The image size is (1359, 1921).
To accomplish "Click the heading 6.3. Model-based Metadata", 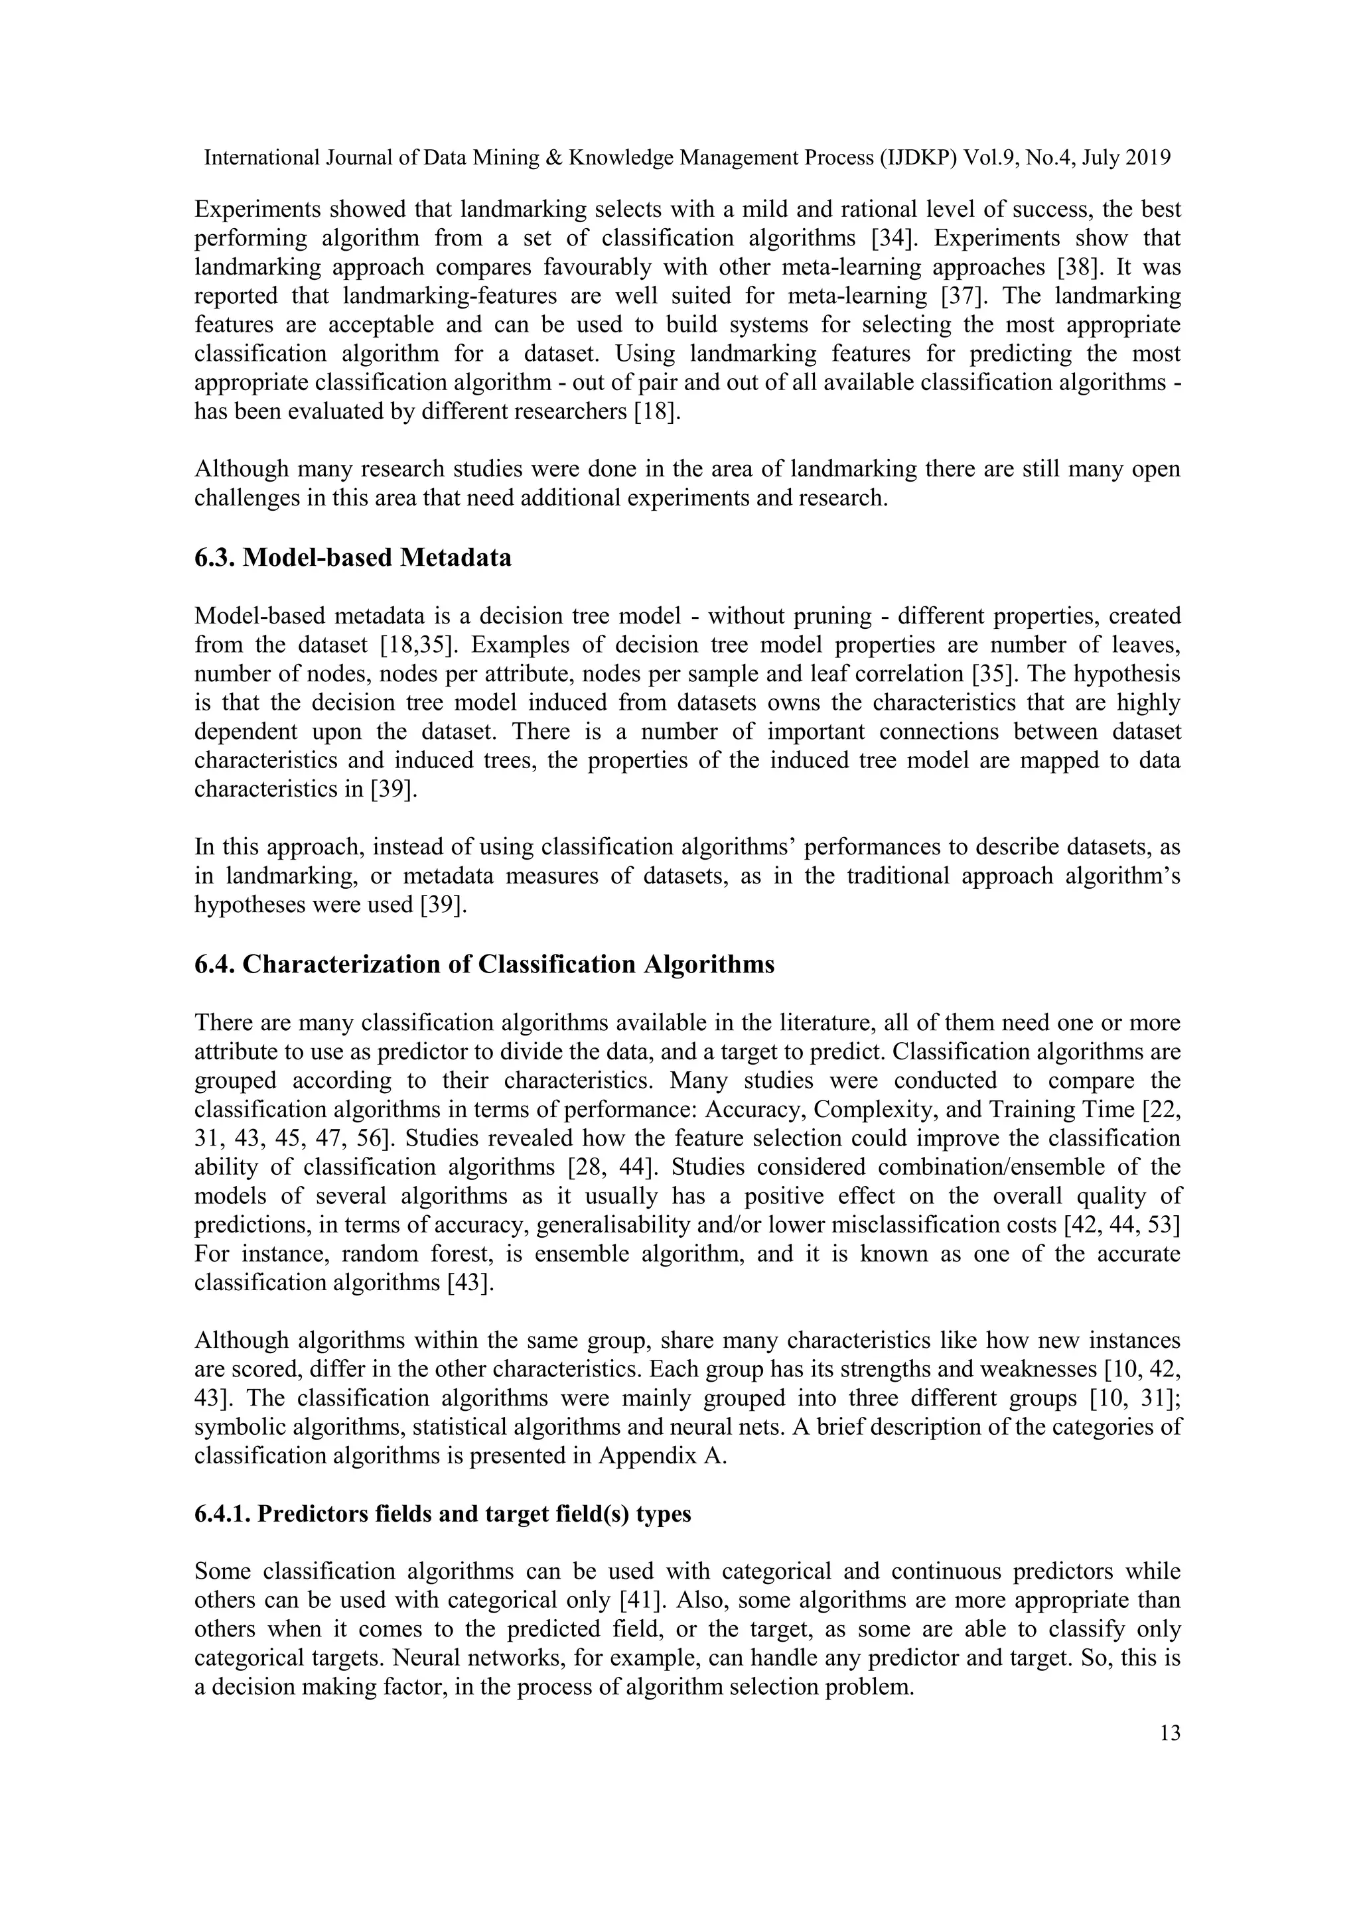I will (352, 557).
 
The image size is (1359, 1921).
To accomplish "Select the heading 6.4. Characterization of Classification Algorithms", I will (484, 964).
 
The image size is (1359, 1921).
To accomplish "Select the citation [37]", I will (964, 297).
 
